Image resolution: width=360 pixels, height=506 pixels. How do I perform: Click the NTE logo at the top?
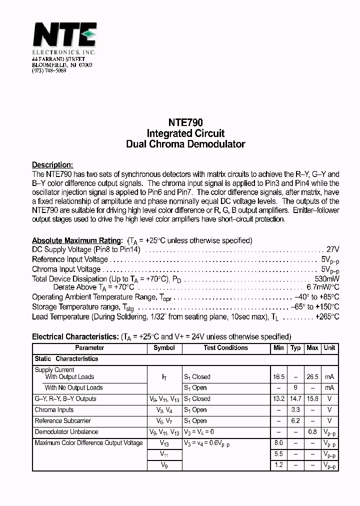[x=64, y=36]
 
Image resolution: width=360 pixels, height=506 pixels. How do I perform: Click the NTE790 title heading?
[x=185, y=122]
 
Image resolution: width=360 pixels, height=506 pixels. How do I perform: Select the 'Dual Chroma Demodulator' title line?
[x=185, y=144]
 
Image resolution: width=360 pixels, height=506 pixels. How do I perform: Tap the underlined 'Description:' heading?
[x=52, y=165]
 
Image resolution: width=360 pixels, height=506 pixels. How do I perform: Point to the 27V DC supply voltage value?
[x=332, y=249]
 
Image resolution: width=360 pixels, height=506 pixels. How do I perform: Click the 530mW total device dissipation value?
[x=327, y=278]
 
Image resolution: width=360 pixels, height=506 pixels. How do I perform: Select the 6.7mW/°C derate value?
[x=322, y=287]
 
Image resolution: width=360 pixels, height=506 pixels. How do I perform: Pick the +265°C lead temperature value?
[x=327, y=317]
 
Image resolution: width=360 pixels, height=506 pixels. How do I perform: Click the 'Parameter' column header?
[x=89, y=348]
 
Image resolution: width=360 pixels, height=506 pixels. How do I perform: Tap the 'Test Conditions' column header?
[x=225, y=348]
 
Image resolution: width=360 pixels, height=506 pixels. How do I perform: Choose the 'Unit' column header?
[x=329, y=348]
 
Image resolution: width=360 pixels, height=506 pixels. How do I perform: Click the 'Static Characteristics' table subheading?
[x=66, y=359]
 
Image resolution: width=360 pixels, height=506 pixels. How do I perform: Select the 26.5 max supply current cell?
[x=312, y=377]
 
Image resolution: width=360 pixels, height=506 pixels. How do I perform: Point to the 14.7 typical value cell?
[x=295, y=399]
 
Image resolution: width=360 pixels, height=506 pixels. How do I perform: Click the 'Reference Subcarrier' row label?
[x=62, y=421]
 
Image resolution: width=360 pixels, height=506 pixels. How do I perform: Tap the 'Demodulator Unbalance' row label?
[x=66, y=432]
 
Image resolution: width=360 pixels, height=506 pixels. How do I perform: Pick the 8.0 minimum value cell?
[x=278, y=443]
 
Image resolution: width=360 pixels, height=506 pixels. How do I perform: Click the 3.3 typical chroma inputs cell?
[x=295, y=410]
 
